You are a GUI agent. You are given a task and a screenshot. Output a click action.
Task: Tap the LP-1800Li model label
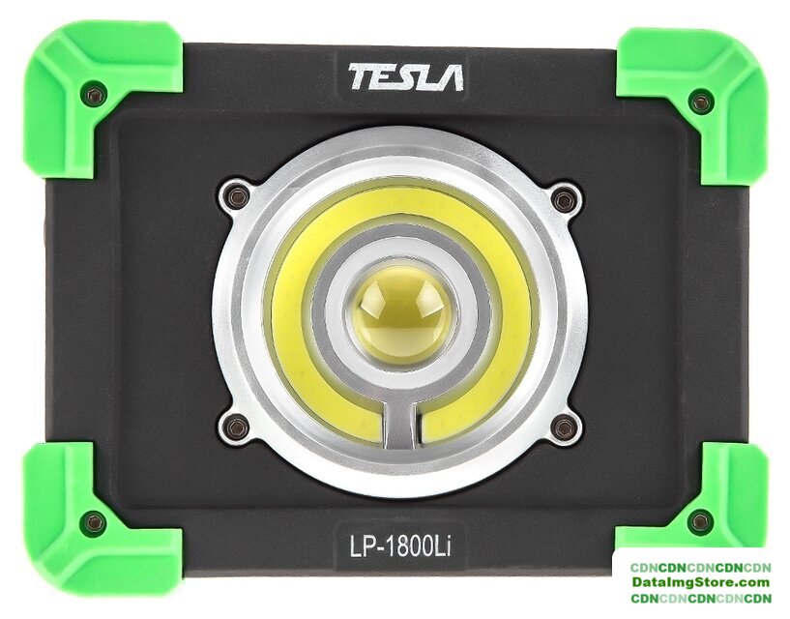(x=400, y=546)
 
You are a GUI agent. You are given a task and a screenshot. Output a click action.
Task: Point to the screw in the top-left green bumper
(x=96, y=95)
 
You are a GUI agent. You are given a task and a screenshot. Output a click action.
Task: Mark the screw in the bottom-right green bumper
(x=700, y=519)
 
